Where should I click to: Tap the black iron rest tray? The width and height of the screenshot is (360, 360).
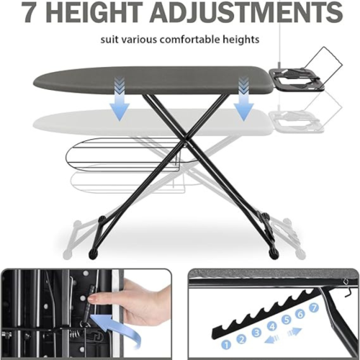[x=297, y=76]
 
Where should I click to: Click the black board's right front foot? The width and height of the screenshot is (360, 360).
[x=275, y=254]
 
